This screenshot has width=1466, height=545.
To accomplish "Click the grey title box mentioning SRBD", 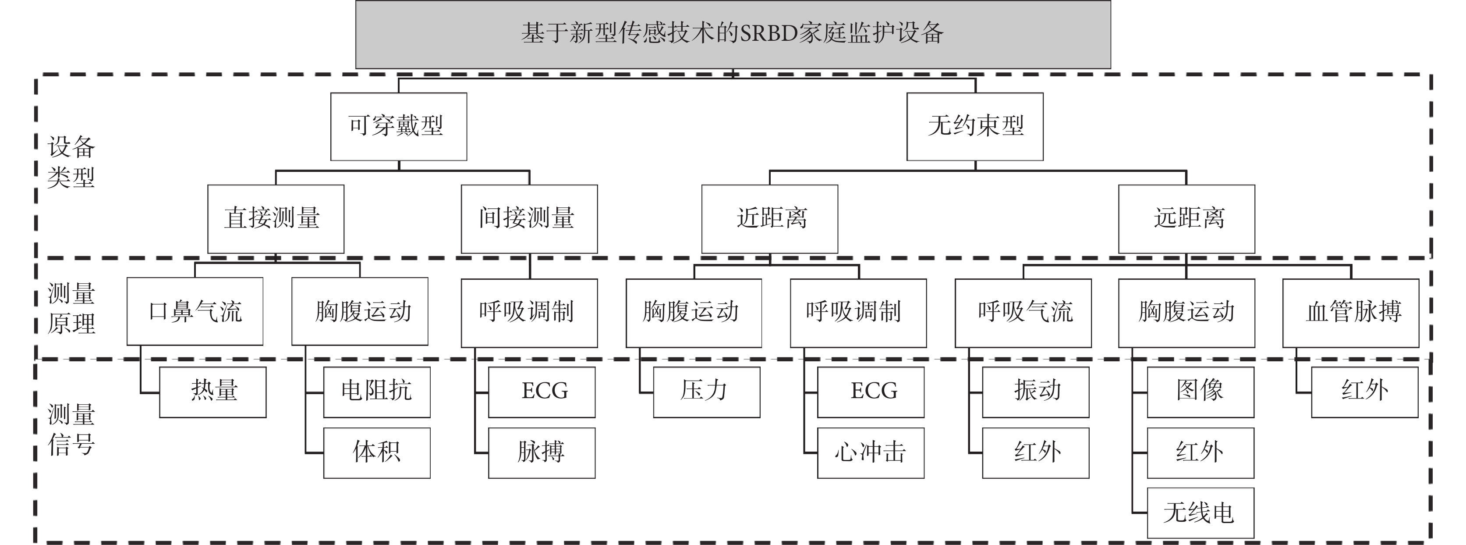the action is pyautogui.click(x=733, y=34).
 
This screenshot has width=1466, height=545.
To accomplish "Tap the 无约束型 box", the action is pyautogui.click(x=975, y=126).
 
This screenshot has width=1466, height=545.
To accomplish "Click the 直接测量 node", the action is pyautogui.click(x=276, y=219).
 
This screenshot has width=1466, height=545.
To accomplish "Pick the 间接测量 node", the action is pyautogui.click(x=529, y=219).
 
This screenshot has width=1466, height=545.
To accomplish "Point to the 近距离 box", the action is pyautogui.click(x=769, y=219).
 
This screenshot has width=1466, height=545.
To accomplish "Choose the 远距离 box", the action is pyautogui.click(x=1186, y=219).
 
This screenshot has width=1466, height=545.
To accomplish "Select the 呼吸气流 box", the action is pyautogui.click(x=1023, y=313).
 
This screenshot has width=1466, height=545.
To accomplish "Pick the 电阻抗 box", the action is pyautogui.click(x=377, y=392).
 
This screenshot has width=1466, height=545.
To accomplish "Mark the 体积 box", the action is pyautogui.click(x=377, y=453).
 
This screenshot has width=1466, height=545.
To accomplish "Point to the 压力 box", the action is pyautogui.click(x=707, y=392).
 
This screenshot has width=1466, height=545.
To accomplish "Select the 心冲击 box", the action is pyautogui.click(x=871, y=453).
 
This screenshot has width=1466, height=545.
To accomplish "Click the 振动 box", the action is pyautogui.click(x=1036, y=392).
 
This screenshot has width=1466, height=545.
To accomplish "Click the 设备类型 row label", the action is pyautogui.click(x=71, y=162).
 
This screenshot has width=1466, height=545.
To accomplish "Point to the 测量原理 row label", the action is pyautogui.click(x=71, y=308).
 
